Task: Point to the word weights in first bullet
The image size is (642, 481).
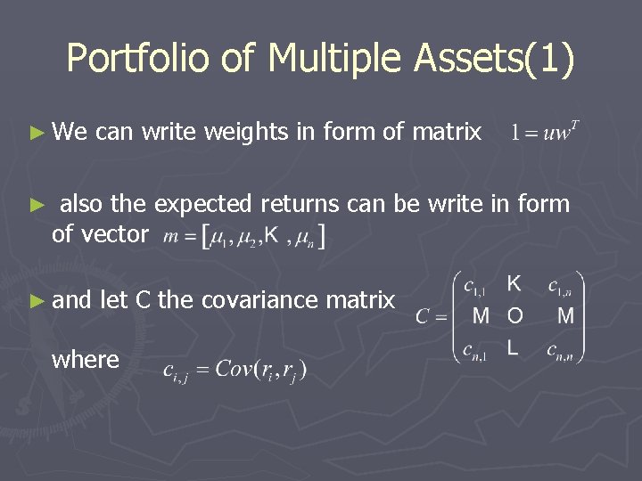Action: [x=245, y=134]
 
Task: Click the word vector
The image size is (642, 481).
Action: [x=113, y=234]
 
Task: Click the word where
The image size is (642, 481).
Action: [x=86, y=360]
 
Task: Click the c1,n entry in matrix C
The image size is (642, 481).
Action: [x=562, y=286]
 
